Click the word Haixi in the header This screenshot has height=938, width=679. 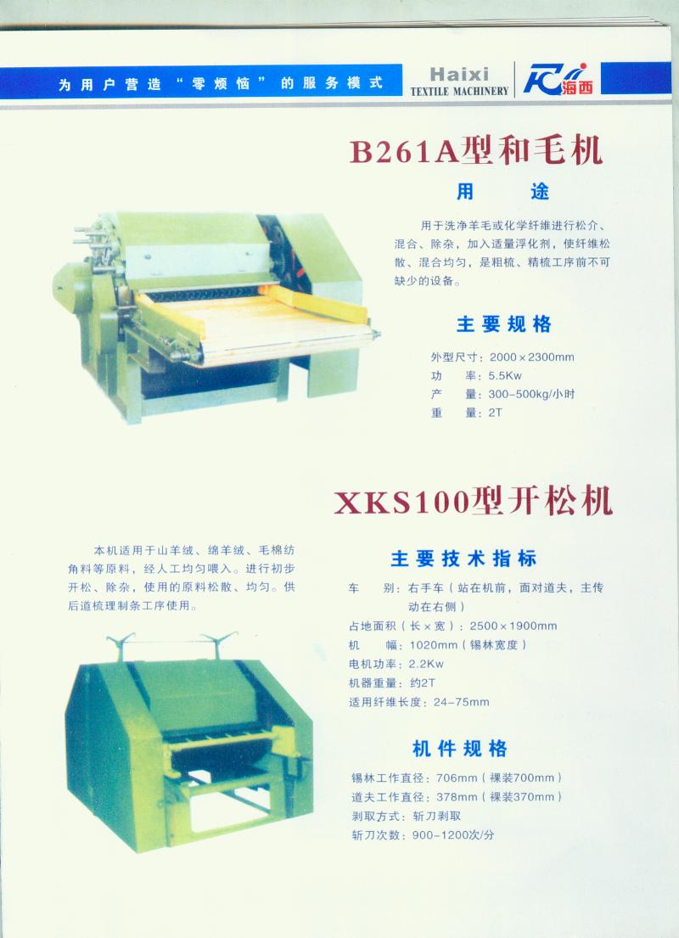click(459, 74)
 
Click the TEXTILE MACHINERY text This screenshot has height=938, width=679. click(459, 91)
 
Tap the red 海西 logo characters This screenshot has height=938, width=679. click(577, 87)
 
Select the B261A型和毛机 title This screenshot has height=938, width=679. click(475, 151)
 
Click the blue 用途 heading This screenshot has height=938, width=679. click(502, 192)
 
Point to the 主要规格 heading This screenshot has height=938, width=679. click(503, 324)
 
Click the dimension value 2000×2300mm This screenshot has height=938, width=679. click(532, 357)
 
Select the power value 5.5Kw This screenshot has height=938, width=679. click(505, 376)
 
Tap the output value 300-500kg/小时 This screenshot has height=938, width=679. click(531, 394)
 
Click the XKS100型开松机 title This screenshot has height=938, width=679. click(474, 502)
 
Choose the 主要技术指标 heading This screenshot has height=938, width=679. click(463, 559)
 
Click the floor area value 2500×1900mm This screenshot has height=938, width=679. click(513, 626)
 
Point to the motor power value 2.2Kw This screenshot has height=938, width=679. click(426, 664)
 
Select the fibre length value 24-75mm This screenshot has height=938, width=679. click(461, 702)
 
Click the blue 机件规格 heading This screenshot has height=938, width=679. click(459, 749)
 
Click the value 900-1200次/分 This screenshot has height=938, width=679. click(453, 835)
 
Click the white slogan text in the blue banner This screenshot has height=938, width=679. click(220, 84)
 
